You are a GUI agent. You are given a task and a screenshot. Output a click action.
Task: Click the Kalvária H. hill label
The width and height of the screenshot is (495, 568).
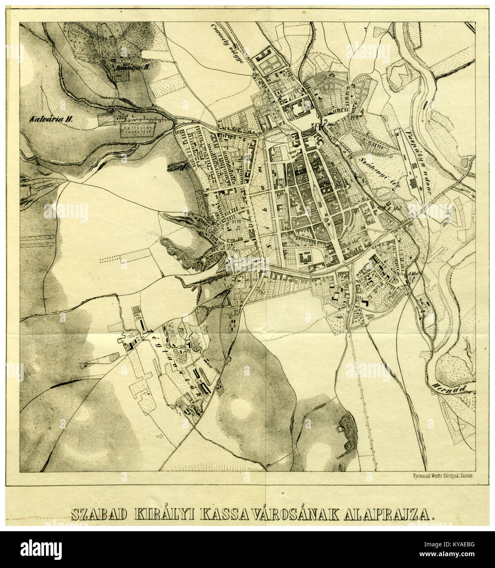(x=51, y=120)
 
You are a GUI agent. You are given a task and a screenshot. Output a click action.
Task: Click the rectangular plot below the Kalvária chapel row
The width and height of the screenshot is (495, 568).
(x=139, y=130)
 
